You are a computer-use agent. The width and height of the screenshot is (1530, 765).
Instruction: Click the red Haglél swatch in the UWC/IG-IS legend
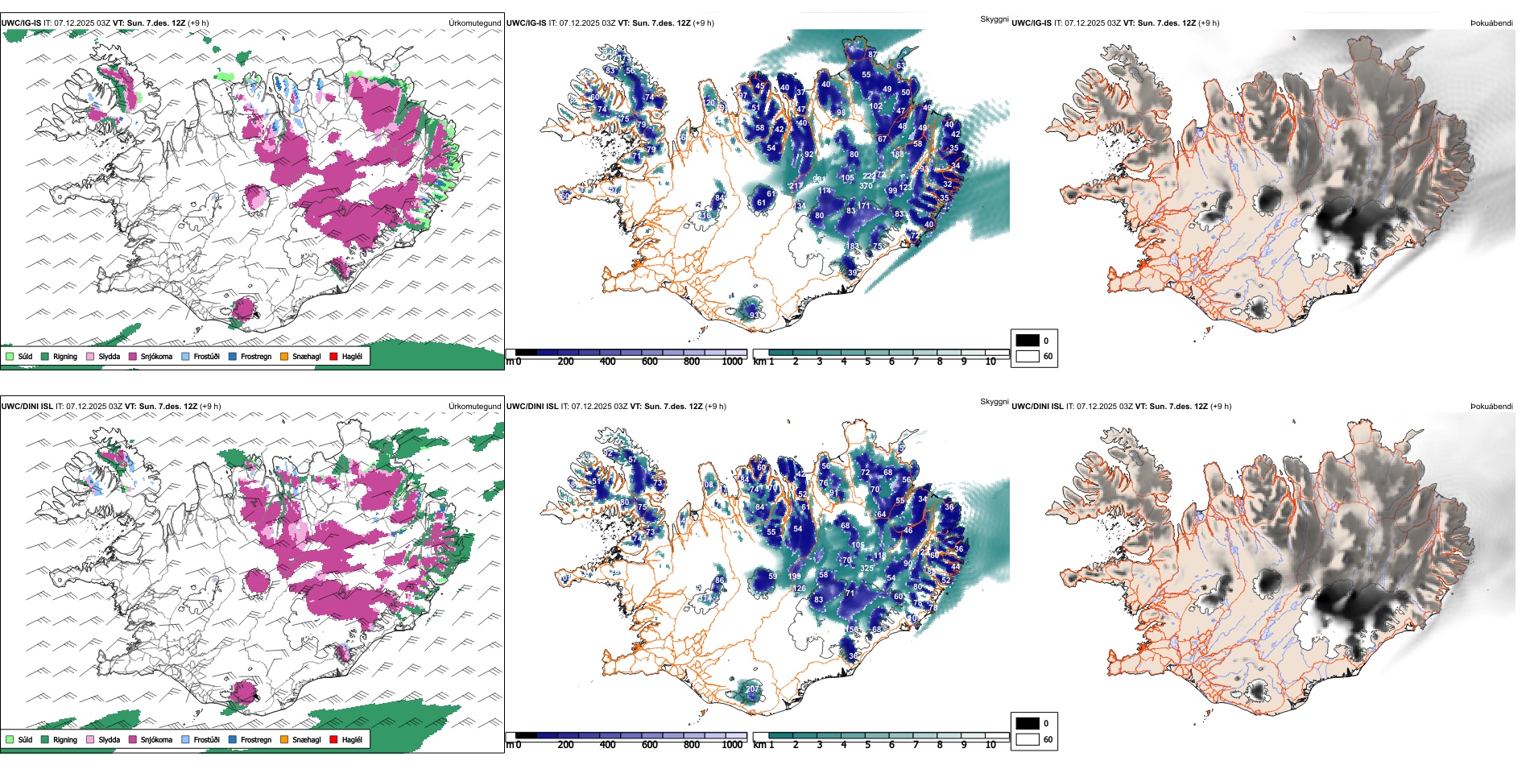(333, 356)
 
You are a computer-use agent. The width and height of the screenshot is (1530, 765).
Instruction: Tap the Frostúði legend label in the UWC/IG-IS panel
(206, 356)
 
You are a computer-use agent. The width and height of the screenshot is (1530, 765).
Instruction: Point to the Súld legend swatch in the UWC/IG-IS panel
(10, 356)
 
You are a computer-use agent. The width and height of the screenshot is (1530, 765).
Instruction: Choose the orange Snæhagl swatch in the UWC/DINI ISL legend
(284, 739)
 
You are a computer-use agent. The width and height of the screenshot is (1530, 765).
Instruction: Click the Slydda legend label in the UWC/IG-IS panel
(109, 356)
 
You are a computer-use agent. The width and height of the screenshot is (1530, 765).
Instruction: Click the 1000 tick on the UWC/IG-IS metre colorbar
(732, 362)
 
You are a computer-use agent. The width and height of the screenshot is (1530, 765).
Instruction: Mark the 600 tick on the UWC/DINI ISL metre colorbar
(650, 745)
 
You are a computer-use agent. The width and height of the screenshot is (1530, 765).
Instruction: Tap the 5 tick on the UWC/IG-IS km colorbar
(867, 362)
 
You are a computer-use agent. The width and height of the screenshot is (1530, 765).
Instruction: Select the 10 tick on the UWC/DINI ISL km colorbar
(990, 745)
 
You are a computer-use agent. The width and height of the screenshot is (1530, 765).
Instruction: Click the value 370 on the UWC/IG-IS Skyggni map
(866, 186)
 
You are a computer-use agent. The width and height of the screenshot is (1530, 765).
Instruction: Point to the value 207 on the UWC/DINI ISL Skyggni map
(752, 689)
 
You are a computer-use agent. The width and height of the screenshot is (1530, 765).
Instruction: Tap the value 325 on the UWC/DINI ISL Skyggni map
(867, 569)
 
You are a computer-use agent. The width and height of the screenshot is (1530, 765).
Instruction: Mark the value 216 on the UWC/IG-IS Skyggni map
(705, 216)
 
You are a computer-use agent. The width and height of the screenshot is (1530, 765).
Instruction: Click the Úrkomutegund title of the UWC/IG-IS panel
(474, 23)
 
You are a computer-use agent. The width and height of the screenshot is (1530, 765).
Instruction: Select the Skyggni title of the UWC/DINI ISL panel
(994, 402)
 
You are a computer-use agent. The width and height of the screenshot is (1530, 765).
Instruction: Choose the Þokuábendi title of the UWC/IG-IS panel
(1491, 23)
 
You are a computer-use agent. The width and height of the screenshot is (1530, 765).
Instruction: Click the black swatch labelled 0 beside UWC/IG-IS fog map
(1028, 341)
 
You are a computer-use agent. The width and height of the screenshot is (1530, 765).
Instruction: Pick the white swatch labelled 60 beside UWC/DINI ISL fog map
(1028, 739)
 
